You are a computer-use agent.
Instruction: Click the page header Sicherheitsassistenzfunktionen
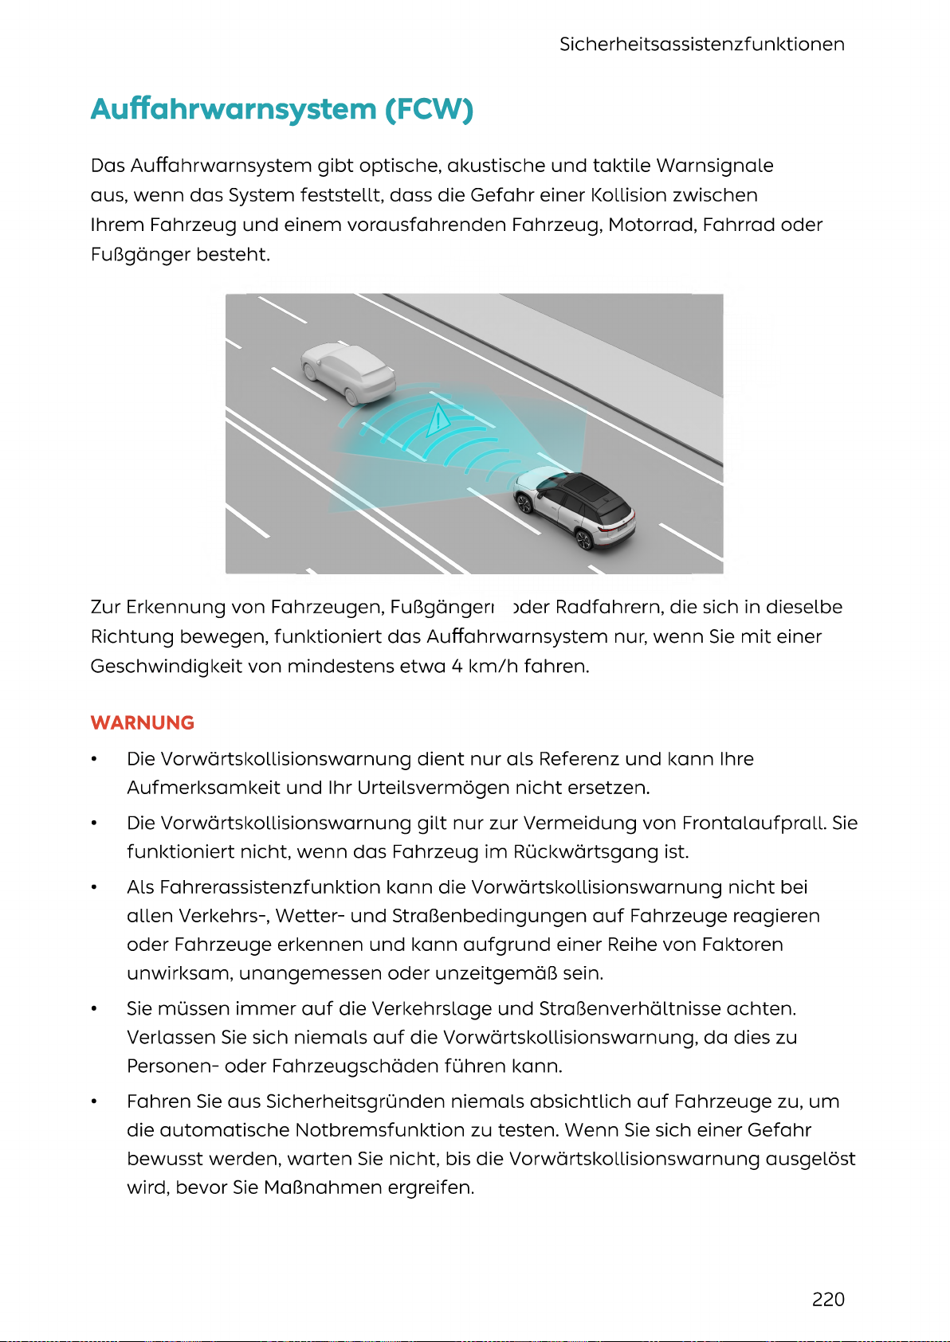701,45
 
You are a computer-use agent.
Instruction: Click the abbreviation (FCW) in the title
429,109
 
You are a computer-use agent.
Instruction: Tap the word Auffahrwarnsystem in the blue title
234,109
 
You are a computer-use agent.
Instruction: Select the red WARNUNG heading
143,722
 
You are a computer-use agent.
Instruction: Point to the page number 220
828,1299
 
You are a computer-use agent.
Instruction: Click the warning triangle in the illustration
438,420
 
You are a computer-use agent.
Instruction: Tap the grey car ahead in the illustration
347,370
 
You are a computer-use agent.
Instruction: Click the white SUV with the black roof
575,507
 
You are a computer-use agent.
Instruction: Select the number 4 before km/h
457,666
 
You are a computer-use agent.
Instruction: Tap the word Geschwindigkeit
166,666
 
